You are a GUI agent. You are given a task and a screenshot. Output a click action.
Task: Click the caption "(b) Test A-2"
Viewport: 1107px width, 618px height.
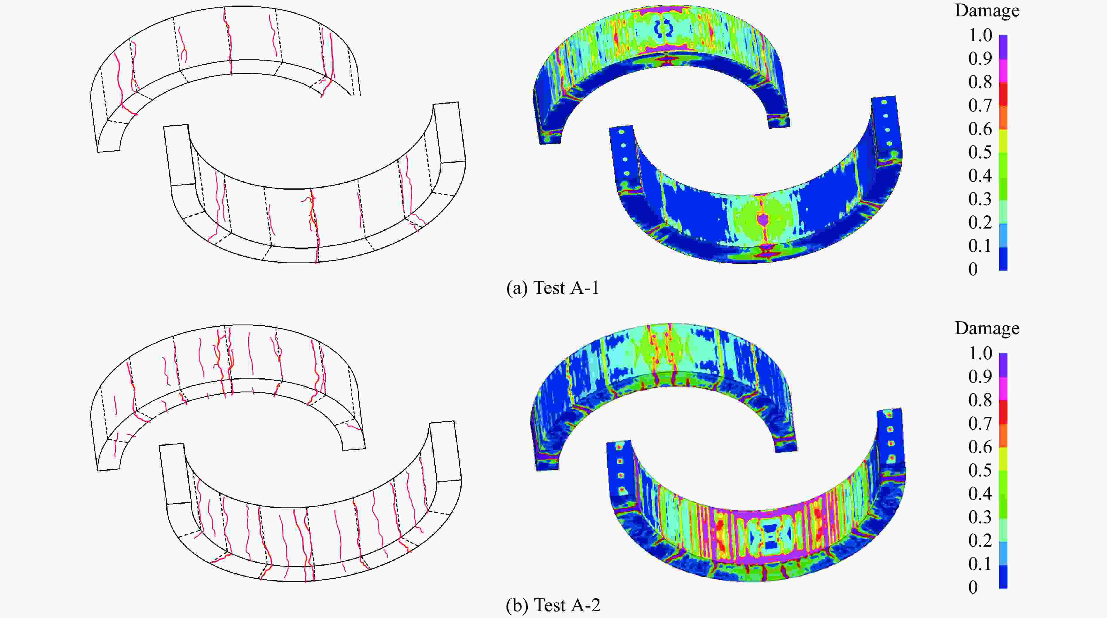553,605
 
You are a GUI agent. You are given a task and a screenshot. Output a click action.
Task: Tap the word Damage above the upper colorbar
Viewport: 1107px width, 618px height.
987,11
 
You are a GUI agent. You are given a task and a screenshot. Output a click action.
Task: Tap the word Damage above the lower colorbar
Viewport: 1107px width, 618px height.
987,329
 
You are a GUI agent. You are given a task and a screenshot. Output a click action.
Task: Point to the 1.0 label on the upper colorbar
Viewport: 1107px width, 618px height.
980,35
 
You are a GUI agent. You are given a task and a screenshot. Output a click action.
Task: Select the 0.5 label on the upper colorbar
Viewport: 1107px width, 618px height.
980,152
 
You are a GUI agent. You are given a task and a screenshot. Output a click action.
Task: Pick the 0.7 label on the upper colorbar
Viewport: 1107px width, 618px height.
980,106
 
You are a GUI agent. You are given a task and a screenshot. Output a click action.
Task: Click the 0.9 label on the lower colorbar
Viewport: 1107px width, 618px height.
980,377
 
